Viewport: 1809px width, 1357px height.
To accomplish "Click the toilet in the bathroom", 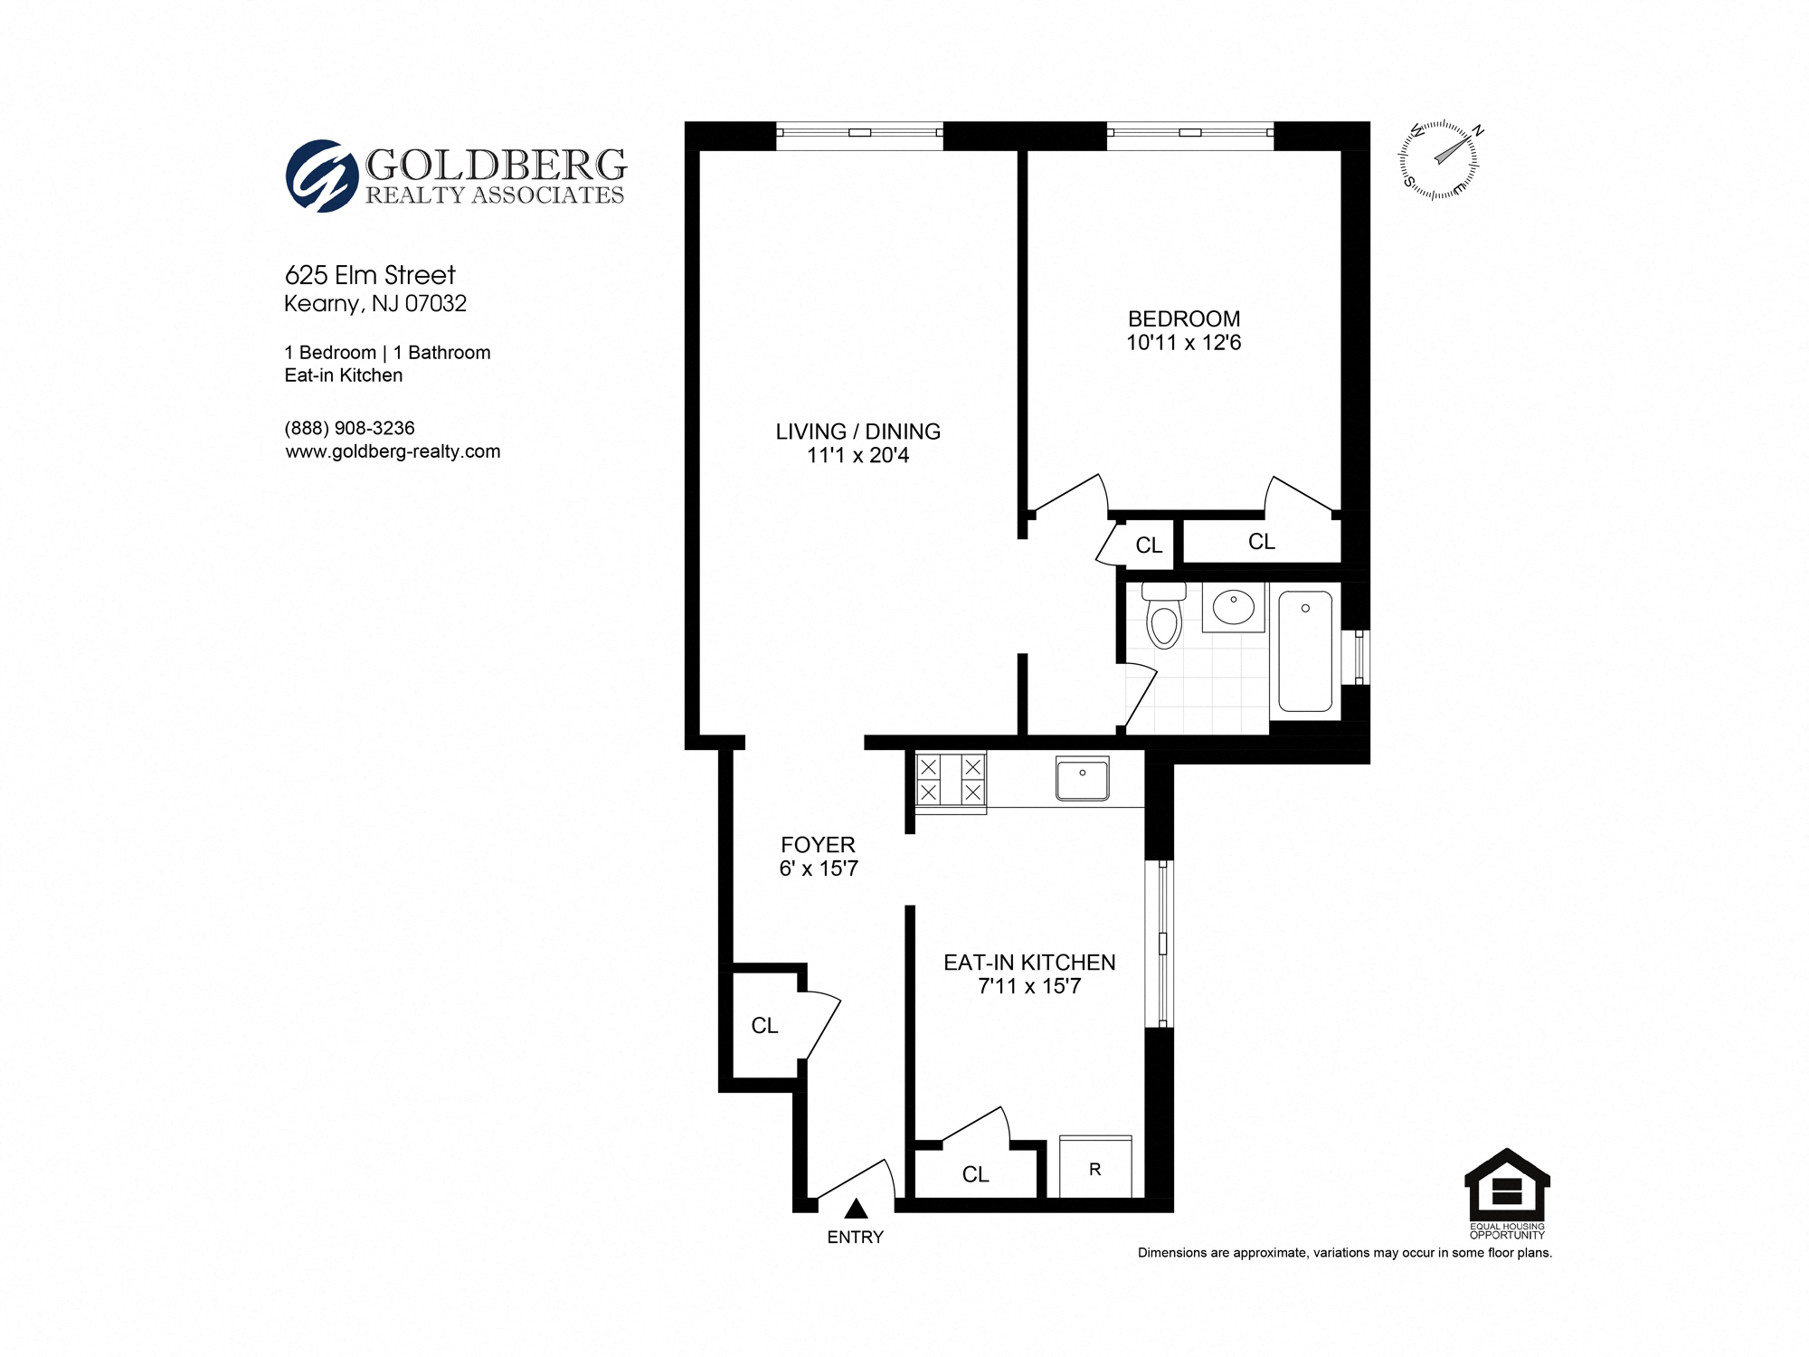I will (1163, 618).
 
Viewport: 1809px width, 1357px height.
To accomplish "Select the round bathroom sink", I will (1233, 608).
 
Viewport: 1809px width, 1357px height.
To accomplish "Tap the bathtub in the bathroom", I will (1305, 650).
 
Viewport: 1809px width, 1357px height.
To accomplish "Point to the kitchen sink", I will (1083, 779).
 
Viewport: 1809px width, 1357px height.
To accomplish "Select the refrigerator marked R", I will (1094, 1168).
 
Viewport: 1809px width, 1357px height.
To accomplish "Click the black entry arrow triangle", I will (857, 1209).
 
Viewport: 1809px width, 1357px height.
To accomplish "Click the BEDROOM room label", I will (1183, 319).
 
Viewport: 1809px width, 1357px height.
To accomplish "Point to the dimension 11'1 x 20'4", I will (857, 455).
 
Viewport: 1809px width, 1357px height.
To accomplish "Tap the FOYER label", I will (818, 845).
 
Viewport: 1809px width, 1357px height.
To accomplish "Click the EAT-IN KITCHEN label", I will (1029, 963).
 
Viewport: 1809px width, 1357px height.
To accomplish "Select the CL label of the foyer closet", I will (764, 1025).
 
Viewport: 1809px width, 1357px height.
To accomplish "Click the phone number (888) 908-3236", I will (349, 428).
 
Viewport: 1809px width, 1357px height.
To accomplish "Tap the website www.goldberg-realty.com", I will (393, 451).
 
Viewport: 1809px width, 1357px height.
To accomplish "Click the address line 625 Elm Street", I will (370, 275).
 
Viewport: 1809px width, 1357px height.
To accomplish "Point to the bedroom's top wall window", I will (1190, 134).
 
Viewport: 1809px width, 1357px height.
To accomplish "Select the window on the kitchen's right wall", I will (1161, 943).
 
